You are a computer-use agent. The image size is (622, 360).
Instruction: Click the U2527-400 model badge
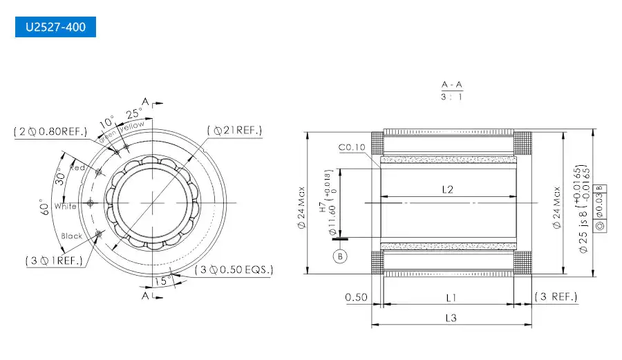pyautogui.click(x=55, y=28)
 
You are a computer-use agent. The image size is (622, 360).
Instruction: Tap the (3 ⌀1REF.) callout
pyautogui.click(x=54, y=260)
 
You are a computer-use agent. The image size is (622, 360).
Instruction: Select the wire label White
pyautogui.click(x=65, y=206)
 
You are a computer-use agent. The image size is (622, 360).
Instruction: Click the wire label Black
pyautogui.click(x=71, y=236)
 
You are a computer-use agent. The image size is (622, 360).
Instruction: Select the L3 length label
pyautogui.click(x=450, y=318)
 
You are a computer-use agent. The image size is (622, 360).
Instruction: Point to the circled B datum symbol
pyautogui.click(x=339, y=256)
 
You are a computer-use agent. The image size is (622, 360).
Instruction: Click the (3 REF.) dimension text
pyautogui.click(x=556, y=297)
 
